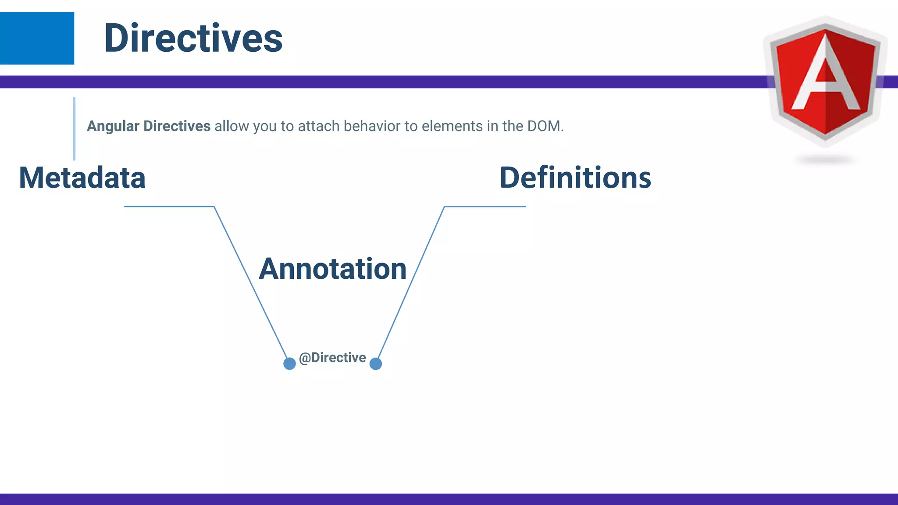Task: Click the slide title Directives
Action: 193,39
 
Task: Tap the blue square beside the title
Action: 37,39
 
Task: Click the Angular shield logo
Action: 825,81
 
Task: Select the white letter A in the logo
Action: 825,75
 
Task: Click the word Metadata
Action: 82,178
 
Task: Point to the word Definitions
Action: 575,178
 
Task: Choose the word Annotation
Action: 332,269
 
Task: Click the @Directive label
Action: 332,358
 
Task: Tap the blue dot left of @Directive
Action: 289,363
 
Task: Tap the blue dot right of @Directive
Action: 376,363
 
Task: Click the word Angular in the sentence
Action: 113,126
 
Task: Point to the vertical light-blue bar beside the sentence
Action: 74,128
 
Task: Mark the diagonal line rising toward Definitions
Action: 411,283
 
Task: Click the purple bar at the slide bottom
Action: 449,499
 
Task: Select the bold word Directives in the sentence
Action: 177,126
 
